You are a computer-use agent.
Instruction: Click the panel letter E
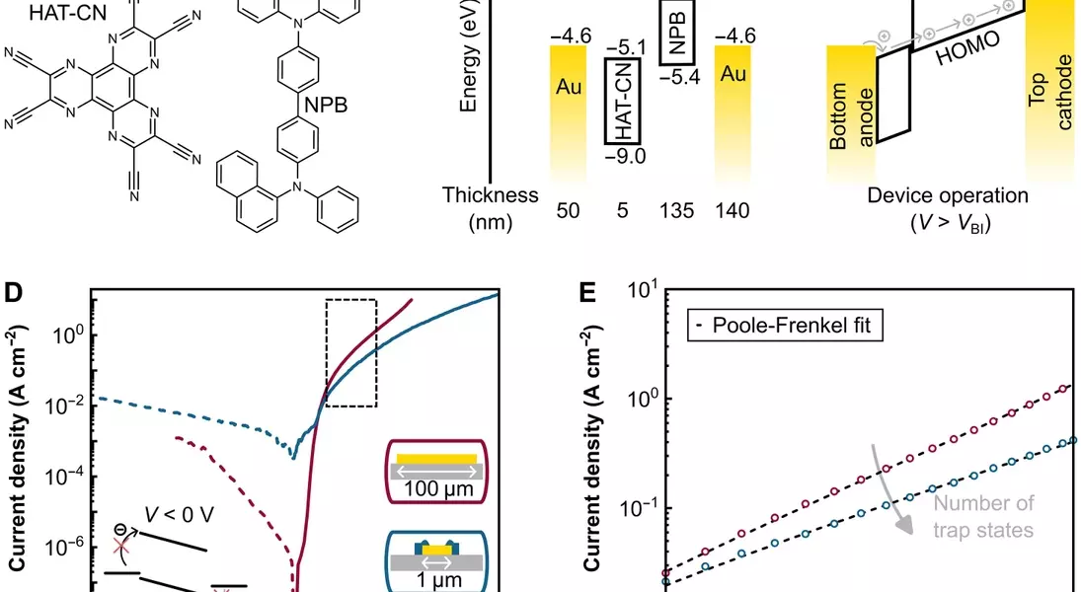tap(589, 293)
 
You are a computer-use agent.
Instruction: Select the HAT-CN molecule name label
tap(44, 13)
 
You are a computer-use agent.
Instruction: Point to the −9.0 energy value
tap(625, 156)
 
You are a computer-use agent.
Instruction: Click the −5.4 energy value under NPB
tap(677, 77)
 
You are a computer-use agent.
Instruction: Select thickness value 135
tap(678, 211)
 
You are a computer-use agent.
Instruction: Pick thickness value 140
tap(732, 211)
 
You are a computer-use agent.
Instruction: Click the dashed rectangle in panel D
tap(350, 352)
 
